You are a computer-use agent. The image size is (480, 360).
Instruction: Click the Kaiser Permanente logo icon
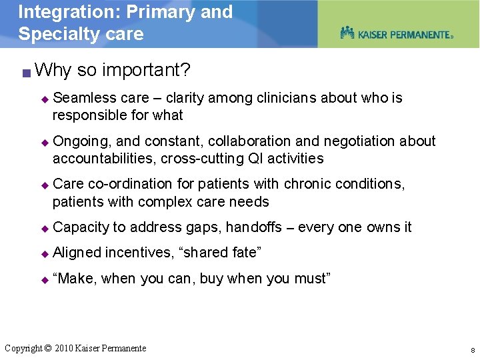pyautogui.click(x=347, y=33)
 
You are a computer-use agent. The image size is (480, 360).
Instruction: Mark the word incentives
pyautogui.click(x=138, y=253)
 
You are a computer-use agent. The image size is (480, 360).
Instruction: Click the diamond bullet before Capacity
pyautogui.click(x=45, y=228)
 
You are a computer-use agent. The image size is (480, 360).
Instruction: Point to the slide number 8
pyautogui.click(x=472, y=350)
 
